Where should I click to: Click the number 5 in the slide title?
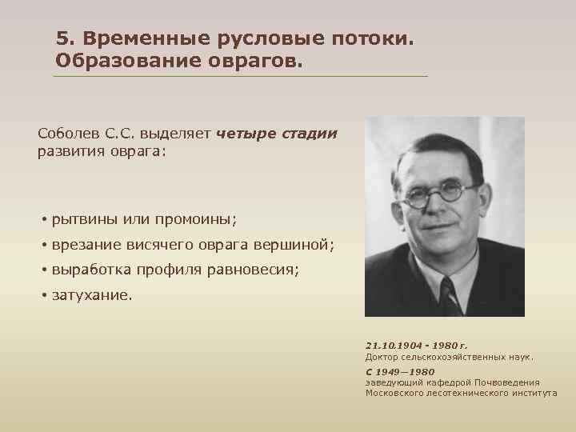click(62, 38)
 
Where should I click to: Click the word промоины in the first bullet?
click(197, 218)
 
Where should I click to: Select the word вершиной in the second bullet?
click(301, 244)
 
